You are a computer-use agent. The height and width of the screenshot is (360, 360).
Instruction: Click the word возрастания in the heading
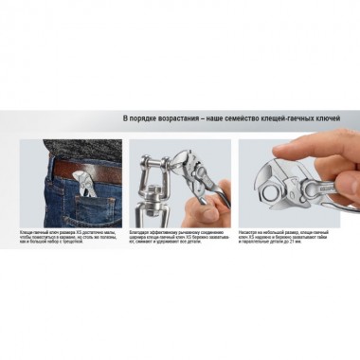tap(181, 117)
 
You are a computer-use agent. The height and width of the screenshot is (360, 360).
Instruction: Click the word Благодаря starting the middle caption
tap(137, 231)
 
